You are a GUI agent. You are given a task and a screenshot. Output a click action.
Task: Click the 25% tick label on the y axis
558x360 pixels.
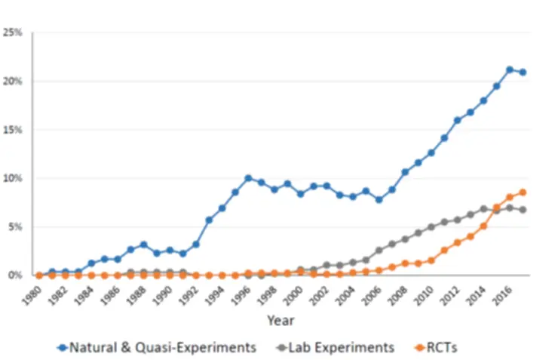pos(13,32)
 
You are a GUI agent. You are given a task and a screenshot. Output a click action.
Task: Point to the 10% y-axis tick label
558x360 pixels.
pos(13,178)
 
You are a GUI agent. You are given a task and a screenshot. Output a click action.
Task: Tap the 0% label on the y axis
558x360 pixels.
pos(15,275)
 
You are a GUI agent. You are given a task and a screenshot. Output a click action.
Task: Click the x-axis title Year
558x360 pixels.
pos(281,320)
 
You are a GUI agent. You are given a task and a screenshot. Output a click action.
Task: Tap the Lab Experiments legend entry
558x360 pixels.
pos(335,347)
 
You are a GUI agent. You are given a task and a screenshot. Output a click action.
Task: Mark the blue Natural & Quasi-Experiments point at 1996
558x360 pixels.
pos(248,178)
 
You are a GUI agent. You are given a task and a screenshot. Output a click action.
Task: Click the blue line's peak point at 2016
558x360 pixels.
pos(510,69)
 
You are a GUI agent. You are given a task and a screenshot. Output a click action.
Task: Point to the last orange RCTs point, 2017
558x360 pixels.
pos(523,192)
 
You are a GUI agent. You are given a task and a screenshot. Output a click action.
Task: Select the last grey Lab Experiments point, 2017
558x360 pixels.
pos(523,209)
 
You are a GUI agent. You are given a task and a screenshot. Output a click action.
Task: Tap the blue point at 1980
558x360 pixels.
pos(39,275)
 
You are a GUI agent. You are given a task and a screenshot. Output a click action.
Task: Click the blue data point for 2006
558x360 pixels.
pos(379,199)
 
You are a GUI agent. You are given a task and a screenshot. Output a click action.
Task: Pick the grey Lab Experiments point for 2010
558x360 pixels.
pos(431,226)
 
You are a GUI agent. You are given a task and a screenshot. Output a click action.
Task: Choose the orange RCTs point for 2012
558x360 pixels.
pos(457,242)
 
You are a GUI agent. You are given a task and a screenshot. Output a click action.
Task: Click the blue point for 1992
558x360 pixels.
pos(196,244)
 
